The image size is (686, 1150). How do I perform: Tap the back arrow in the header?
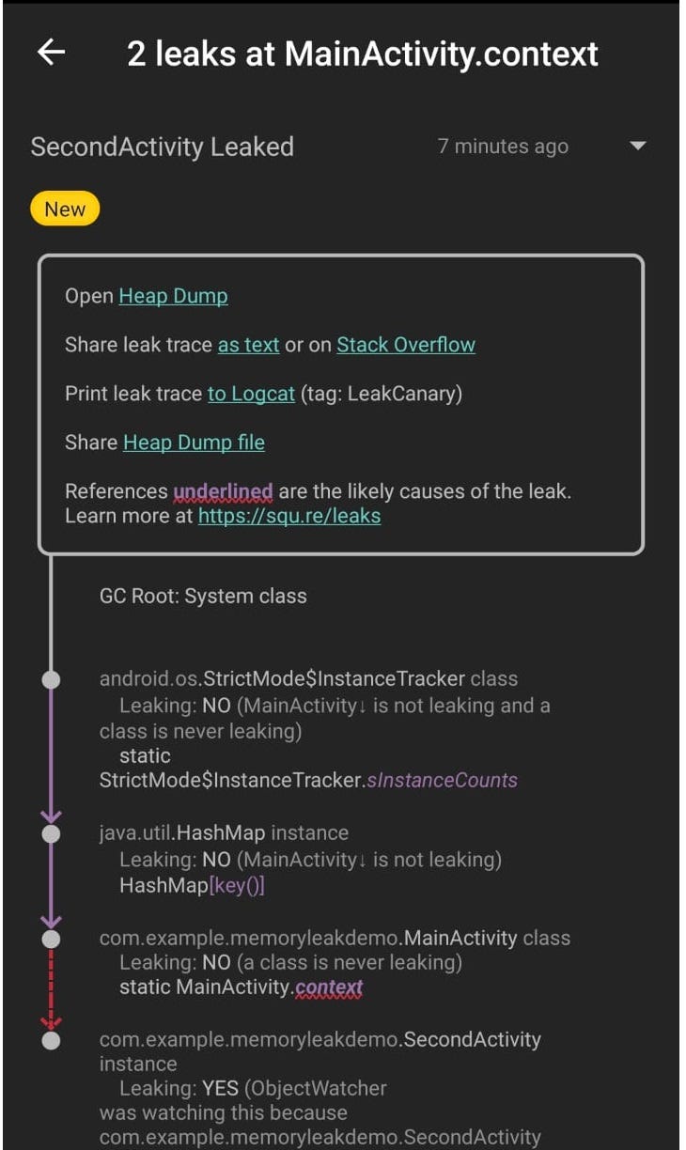[x=51, y=53]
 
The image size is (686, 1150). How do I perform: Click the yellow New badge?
[x=65, y=210]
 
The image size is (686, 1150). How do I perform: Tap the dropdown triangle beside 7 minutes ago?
[x=638, y=147]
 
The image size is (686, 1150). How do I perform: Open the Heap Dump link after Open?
[x=173, y=296]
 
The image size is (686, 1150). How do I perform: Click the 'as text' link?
[x=248, y=345]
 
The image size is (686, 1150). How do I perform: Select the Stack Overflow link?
[x=406, y=345]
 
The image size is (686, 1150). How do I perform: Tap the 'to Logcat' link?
[x=251, y=394]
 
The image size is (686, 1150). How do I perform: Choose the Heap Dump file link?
[x=194, y=443]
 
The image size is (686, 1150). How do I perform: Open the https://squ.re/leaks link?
[x=289, y=516]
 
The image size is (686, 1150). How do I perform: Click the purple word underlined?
[x=223, y=491]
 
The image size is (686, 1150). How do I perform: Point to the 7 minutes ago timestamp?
[x=503, y=147]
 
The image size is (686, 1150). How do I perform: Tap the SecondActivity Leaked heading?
[x=163, y=147]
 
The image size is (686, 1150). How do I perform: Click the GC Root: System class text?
[x=203, y=596]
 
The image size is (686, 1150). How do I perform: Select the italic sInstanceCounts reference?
[x=444, y=780]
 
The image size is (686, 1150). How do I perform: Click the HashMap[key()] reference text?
[x=192, y=885]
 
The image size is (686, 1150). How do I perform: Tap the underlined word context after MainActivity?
[x=328, y=987]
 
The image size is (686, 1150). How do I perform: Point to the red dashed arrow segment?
[x=52, y=987]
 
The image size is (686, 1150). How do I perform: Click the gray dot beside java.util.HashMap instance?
[x=52, y=833]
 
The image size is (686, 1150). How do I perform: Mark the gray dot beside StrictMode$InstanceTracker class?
[x=52, y=679]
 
